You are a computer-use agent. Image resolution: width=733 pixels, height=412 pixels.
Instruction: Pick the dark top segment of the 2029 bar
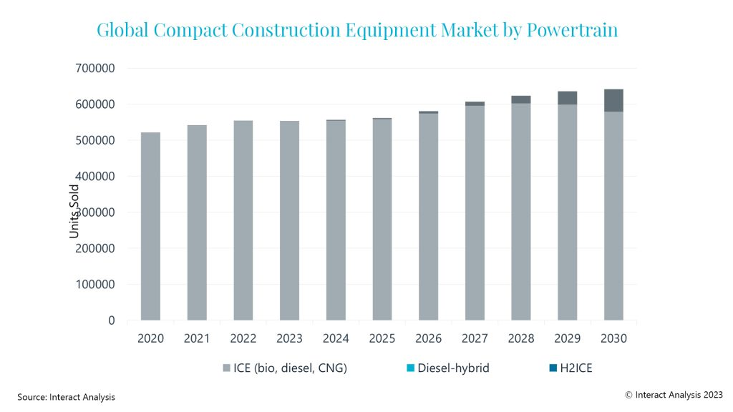pos(567,98)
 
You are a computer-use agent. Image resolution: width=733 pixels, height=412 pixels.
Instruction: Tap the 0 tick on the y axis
pos(111,320)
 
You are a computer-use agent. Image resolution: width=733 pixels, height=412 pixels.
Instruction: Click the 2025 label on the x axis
pos(382,338)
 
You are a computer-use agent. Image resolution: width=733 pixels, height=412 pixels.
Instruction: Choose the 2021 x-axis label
pos(197,338)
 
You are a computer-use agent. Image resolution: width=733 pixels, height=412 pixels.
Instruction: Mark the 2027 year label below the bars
pos(475,338)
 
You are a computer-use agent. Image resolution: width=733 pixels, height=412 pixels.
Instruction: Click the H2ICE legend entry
pos(573,368)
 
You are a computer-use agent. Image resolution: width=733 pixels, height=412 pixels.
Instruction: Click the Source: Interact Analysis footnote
pos(66,397)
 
